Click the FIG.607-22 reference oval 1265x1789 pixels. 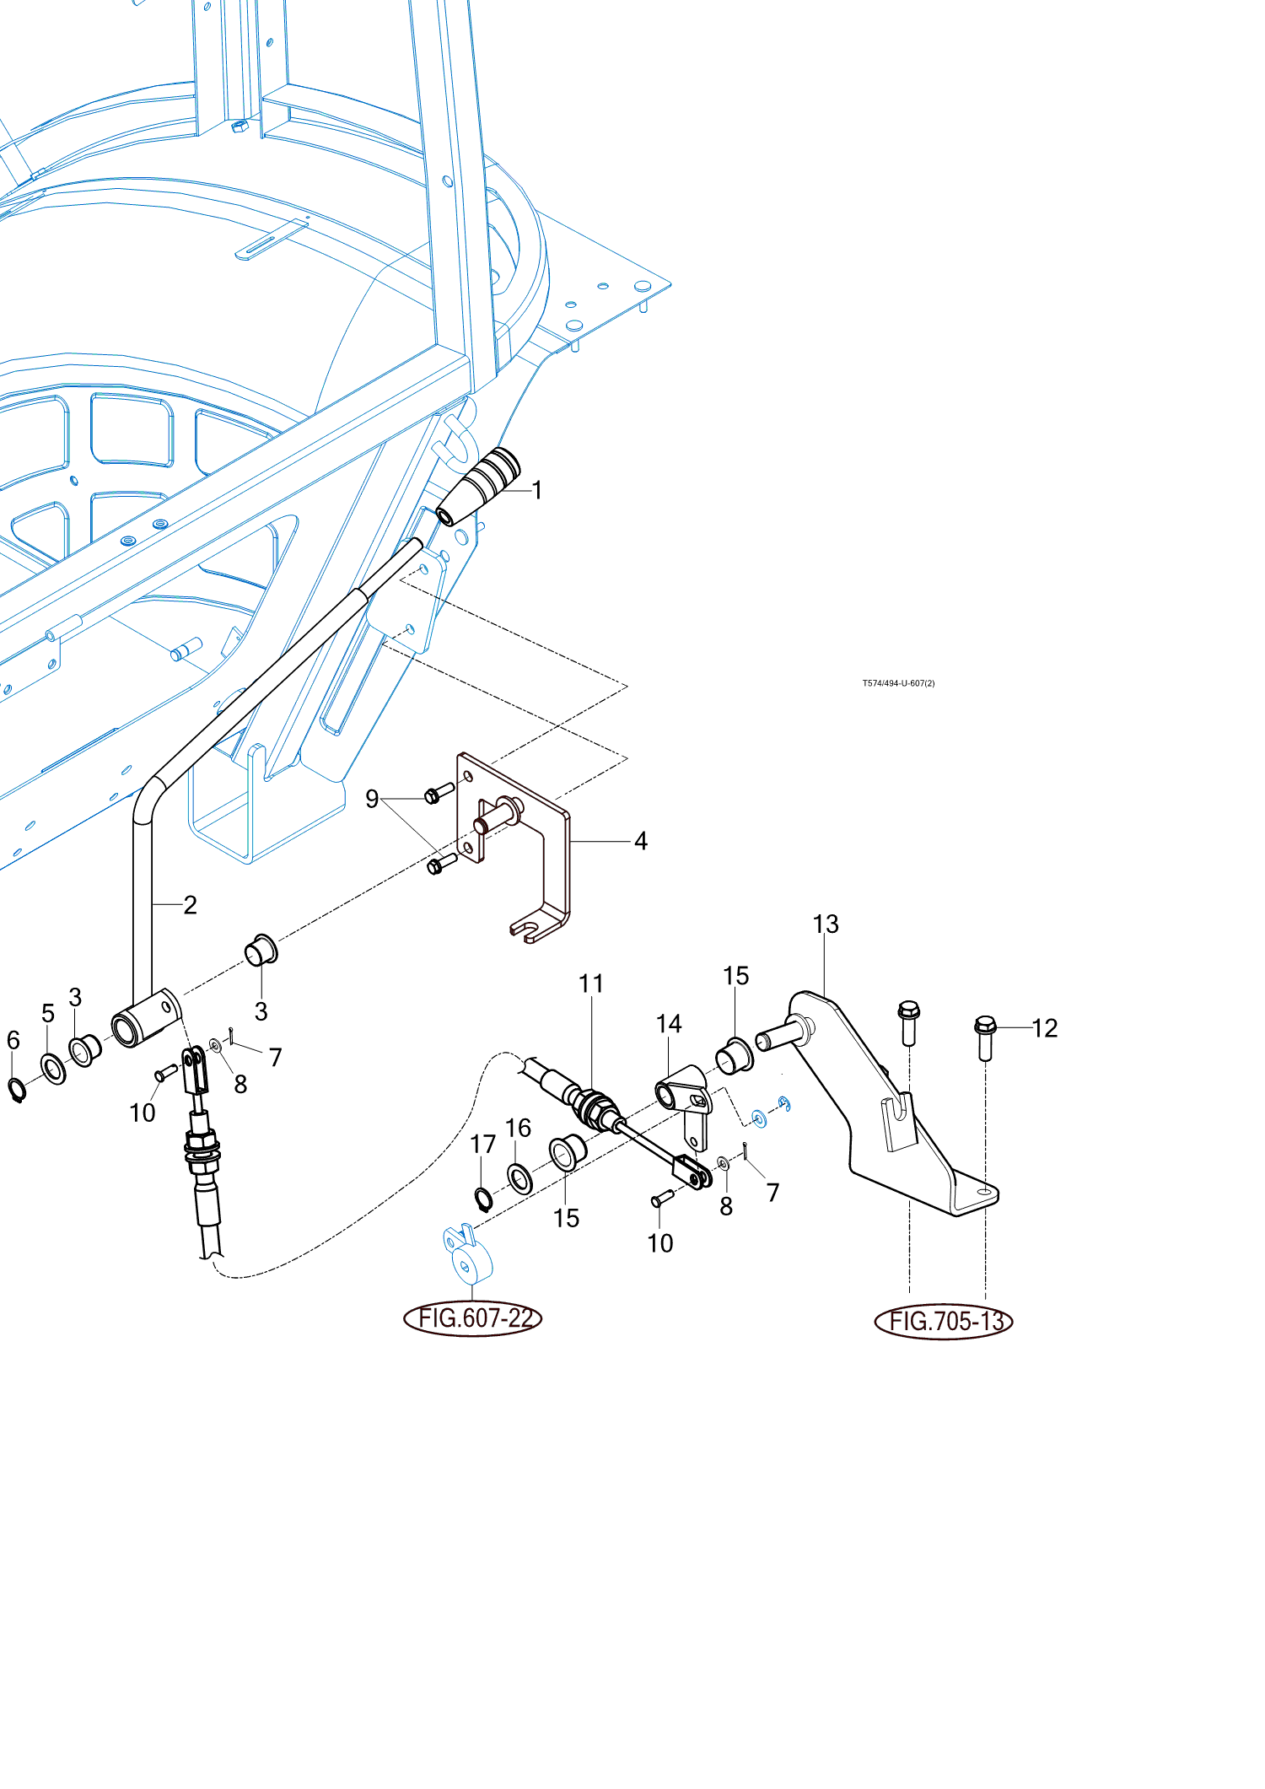point(472,1318)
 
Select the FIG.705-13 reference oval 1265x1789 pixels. point(944,1321)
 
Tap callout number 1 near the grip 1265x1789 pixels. point(537,490)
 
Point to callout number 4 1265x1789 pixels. point(641,841)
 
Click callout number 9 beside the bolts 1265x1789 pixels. point(372,799)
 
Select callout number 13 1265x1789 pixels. point(826,924)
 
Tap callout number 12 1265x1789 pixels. point(1045,1028)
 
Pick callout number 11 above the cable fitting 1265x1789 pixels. point(591,983)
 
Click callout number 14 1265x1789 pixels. point(669,1024)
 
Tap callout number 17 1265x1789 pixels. point(482,1145)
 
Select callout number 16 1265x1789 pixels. point(518,1129)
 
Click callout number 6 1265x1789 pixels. point(13,1040)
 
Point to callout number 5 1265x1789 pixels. point(48,1013)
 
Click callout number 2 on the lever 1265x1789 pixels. point(191,905)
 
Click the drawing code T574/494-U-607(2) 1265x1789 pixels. point(898,683)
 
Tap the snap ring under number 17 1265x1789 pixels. point(482,1199)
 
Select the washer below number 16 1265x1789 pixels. point(519,1178)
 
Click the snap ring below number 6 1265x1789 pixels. point(17,1090)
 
